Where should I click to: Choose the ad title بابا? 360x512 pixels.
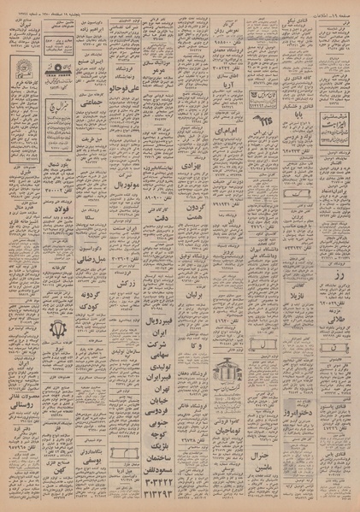[x=292, y=112]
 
